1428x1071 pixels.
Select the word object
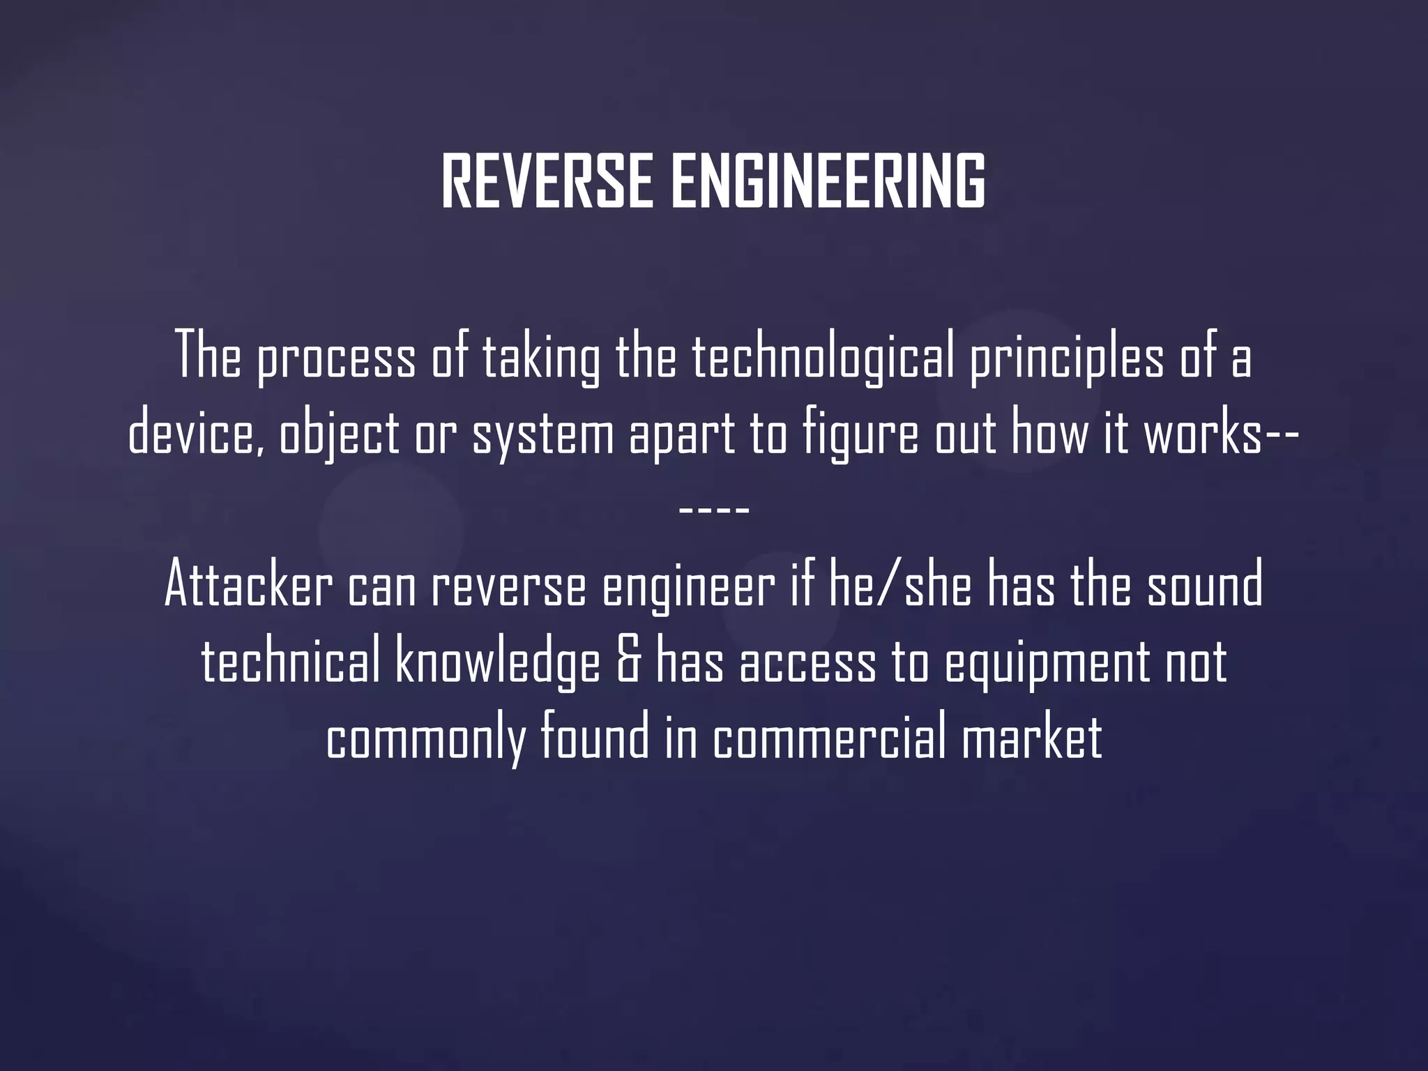340,434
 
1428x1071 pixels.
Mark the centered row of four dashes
714,510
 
